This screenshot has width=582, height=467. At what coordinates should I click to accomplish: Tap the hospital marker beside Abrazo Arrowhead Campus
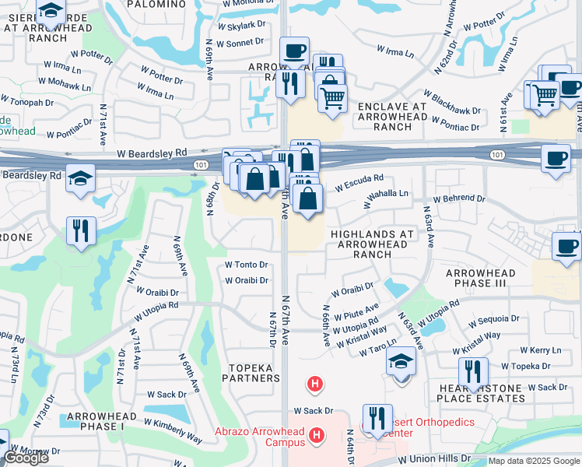click(317, 436)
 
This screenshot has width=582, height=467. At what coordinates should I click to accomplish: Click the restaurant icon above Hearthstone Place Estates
click(473, 371)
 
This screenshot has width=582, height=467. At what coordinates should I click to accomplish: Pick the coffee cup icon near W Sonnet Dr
click(294, 51)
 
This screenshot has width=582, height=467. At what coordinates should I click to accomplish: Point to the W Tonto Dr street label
click(246, 265)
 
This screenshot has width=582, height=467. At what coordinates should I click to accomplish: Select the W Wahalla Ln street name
click(387, 198)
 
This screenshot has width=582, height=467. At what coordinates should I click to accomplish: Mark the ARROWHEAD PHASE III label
click(476, 278)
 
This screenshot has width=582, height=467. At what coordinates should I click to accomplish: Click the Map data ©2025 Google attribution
click(533, 462)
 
